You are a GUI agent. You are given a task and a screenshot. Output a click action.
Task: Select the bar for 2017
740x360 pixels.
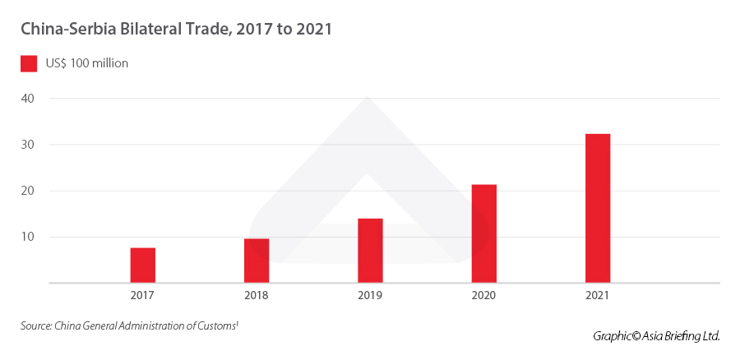(x=142, y=265)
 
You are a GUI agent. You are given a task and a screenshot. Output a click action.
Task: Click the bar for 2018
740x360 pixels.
(x=257, y=261)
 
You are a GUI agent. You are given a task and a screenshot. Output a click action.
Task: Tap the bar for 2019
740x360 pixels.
(x=370, y=250)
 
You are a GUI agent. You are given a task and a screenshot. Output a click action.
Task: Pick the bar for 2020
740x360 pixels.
(x=484, y=233)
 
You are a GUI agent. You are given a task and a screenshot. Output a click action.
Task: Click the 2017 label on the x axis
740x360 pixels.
(x=142, y=294)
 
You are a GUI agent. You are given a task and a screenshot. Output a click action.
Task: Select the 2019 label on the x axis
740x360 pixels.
(x=370, y=294)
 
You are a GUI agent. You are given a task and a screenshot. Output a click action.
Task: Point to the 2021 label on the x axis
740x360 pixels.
(x=598, y=294)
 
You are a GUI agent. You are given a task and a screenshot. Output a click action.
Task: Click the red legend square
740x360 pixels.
(x=29, y=63)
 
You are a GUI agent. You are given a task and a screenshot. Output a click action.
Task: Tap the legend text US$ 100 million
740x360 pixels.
(x=87, y=63)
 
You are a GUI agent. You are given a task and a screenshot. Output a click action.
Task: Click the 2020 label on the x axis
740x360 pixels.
(x=484, y=294)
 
